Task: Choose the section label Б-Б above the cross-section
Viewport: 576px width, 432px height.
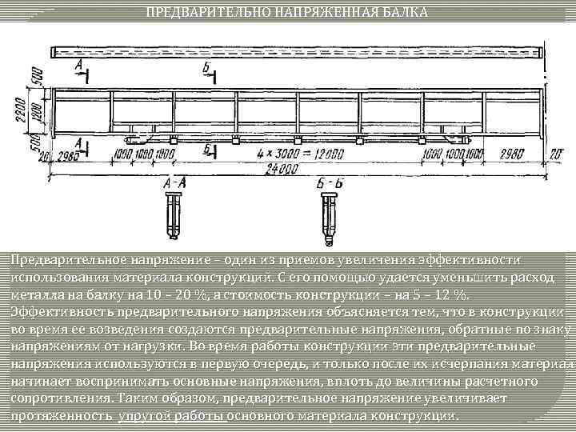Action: tap(329, 184)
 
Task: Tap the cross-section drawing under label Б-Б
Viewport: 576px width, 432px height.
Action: tap(329, 214)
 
